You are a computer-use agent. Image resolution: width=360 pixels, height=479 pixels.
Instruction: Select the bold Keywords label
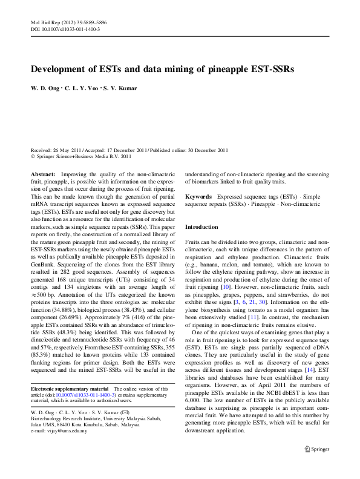pyautogui.click(x=198, y=197)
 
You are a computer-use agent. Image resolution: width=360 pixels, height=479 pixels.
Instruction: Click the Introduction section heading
pyautogui.click(x=201, y=226)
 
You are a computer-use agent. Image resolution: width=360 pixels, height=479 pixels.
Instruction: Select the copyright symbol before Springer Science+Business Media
pyautogui.click(x=33, y=156)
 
